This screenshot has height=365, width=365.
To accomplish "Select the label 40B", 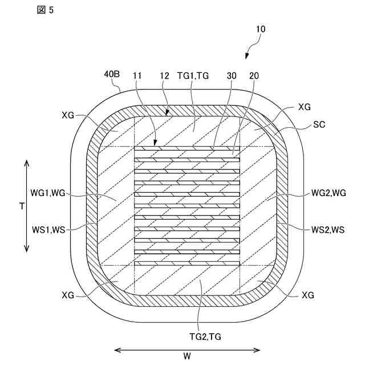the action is tap(111, 74).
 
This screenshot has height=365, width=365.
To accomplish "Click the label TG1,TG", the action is tap(192, 75).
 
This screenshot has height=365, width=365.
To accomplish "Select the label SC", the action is tap(319, 125).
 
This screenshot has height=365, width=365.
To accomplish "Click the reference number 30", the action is tap(232, 75).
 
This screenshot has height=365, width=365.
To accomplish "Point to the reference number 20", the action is tap(254, 75).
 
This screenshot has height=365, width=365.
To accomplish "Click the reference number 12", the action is tap(165, 75).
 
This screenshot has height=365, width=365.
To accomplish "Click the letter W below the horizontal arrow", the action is tap(187, 357).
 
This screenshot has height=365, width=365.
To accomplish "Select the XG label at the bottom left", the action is tap(68, 295).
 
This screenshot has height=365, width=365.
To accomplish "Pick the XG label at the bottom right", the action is tap(308, 295).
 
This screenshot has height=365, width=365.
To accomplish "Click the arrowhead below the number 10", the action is tap(247, 56).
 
